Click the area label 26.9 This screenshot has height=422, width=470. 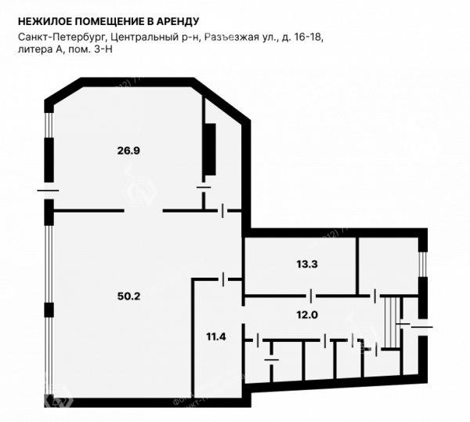coord(128,151)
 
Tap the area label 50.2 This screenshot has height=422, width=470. coord(129,296)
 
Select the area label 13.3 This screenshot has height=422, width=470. coord(307,264)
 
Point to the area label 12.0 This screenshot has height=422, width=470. coord(307,315)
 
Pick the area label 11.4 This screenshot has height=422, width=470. coord(216,337)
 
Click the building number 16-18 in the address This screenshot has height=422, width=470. coord(309,37)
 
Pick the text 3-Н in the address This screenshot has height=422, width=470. coord(103,49)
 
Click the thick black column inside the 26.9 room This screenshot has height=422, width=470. coord(209,149)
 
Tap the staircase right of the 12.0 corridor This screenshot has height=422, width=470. coord(392,322)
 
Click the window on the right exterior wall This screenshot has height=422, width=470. coord(423,264)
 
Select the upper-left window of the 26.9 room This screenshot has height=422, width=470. coord(49,125)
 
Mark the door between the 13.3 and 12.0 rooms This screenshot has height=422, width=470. coord(311,296)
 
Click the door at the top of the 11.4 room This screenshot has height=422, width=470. coord(222,279)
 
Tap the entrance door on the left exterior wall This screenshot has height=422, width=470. coord(48,191)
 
